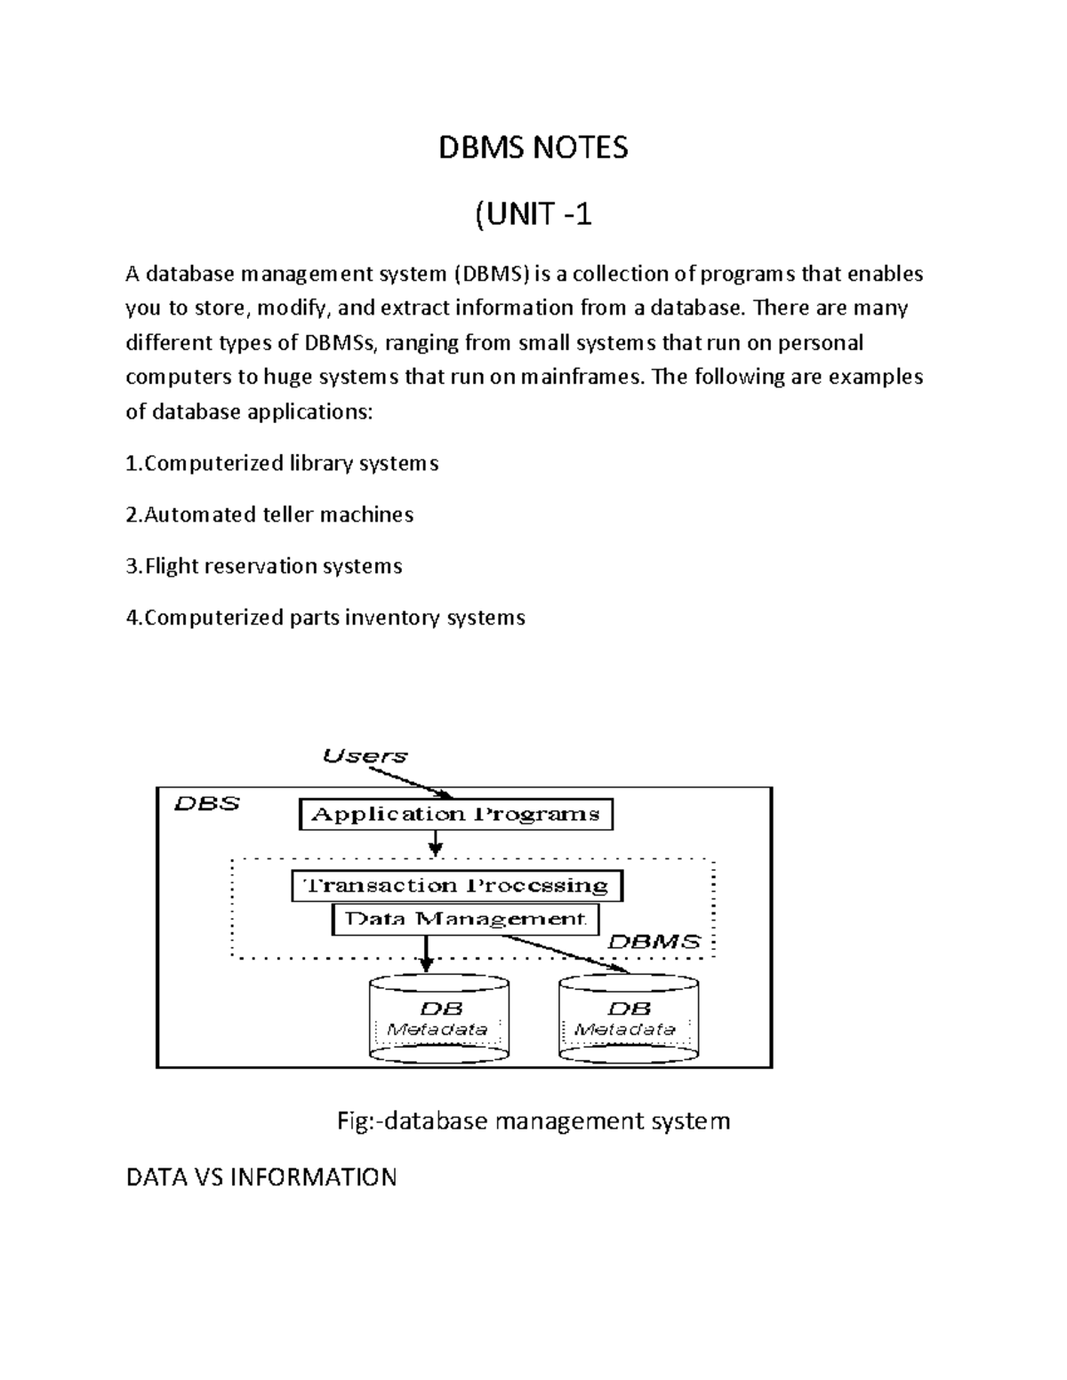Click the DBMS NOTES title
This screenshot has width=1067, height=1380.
point(533,148)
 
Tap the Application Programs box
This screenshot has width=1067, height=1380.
point(455,815)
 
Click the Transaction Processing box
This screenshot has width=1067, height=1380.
point(456,886)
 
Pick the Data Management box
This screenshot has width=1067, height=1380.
point(465,920)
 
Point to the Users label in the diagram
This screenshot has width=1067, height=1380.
point(365,756)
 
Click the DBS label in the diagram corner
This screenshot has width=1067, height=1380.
point(206,804)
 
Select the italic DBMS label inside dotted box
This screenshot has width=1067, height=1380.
point(654,942)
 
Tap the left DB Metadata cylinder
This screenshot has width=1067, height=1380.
point(439,1019)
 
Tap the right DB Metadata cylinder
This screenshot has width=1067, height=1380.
point(628,1019)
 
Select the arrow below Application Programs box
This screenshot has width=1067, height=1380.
point(435,842)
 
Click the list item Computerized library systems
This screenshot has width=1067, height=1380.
point(282,464)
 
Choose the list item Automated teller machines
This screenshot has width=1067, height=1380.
point(269,515)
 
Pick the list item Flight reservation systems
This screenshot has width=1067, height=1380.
point(264,567)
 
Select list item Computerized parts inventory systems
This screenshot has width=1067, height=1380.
point(325,618)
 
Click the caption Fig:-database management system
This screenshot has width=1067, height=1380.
point(533,1121)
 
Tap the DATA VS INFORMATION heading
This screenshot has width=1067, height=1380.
point(261,1178)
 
